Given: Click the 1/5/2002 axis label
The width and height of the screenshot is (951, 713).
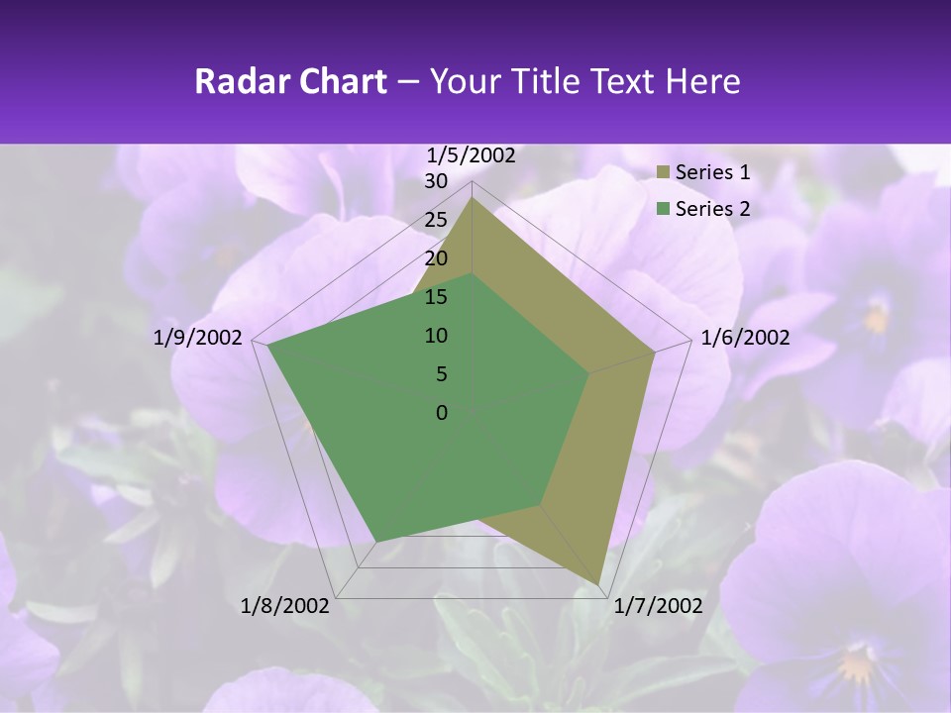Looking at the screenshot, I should [x=472, y=154].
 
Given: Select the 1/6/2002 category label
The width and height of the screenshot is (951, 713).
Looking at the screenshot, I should [x=745, y=338].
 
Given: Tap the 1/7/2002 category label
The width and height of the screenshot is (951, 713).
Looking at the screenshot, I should [x=658, y=605].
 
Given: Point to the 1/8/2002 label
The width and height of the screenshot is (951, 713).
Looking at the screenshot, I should [x=285, y=605].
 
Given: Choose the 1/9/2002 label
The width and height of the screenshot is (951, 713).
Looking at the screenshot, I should [x=198, y=338].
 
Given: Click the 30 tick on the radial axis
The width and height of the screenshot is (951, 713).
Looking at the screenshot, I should [x=436, y=181].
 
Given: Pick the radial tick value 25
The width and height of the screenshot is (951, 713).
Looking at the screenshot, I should [x=436, y=220].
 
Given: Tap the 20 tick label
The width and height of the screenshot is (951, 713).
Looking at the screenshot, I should [x=436, y=258].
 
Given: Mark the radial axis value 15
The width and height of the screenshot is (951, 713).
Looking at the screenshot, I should [x=436, y=297].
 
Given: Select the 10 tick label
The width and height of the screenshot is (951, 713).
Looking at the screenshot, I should [x=436, y=336].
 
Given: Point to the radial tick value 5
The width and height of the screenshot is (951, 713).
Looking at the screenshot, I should [x=441, y=374].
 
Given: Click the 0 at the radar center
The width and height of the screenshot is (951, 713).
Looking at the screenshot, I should [x=442, y=413].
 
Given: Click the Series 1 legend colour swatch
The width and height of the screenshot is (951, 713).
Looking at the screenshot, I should [x=664, y=173].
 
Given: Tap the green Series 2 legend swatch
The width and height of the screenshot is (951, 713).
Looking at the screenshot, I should [x=664, y=209].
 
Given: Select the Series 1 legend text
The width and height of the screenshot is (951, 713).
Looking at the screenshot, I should [x=712, y=172].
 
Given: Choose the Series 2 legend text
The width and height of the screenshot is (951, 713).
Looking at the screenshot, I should [x=712, y=208].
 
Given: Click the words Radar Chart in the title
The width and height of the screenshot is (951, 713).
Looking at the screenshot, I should [x=290, y=81].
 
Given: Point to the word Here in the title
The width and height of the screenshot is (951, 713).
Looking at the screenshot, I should [x=703, y=81].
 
